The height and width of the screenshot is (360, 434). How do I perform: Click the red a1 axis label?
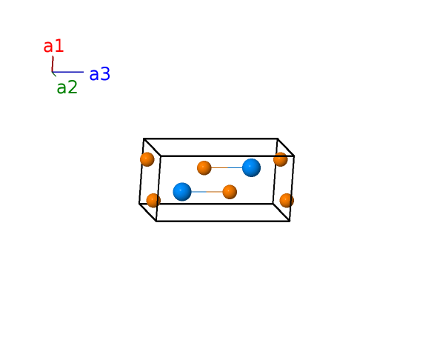coord(54,46)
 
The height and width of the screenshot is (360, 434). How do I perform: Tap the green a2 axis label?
coord(67,87)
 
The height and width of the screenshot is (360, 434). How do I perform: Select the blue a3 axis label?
coord(100,74)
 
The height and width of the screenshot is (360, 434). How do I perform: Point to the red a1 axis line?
coord(53,64)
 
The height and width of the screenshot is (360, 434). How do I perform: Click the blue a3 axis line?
coord(68,72)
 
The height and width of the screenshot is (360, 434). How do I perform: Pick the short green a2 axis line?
coord(54,74)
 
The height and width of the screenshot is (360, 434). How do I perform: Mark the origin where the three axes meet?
coord(52,72)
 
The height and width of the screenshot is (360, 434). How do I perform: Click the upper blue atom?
coord(251,167)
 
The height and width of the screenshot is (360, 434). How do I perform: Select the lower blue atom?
coord(182,192)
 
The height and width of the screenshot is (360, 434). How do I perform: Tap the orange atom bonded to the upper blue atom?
coord(204,168)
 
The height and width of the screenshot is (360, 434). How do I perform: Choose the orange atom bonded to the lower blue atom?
coord(230,192)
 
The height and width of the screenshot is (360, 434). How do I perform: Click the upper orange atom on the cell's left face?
coord(147,159)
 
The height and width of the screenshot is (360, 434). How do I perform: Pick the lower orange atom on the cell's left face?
coord(153,201)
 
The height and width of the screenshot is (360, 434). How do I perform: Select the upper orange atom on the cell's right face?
coord(281,159)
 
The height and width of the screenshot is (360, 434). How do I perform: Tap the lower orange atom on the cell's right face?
coord(287,201)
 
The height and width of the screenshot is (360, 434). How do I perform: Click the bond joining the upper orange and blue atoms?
coord(227,168)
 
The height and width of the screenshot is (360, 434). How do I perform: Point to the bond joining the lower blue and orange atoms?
coord(207,192)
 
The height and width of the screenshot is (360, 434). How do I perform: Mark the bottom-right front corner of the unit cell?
coord(290,221)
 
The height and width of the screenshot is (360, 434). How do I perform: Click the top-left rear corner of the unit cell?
coord(144,139)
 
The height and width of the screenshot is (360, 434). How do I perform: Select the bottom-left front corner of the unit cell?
coord(156,221)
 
